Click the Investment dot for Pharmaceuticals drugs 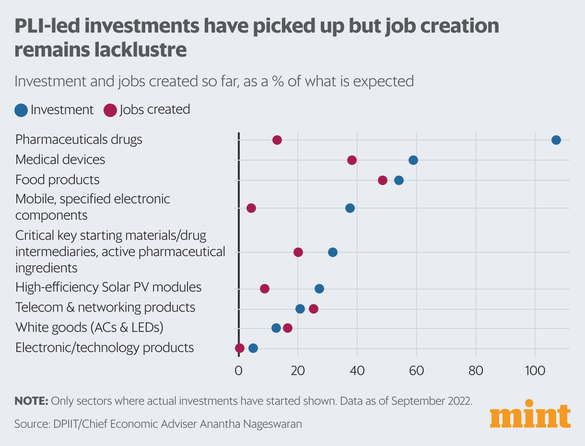pos(556,140)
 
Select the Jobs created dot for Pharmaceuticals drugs pos(277,140)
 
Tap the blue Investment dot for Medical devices pos(413,160)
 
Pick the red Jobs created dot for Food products pos(382,180)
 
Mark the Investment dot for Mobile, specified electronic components pos(350,208)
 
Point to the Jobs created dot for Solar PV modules pos(264,289)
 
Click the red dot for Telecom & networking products pos(314,309)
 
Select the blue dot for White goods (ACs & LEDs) pos(276,328)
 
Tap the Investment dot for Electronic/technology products pos(253,348)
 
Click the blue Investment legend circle pos(21,110)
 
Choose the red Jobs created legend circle pos(110,110)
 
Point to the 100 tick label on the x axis pos(535,370)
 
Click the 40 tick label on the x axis pos(357,370)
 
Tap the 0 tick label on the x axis pos(238,370)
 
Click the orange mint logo pos(530,414)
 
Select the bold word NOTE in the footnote pos(31,401)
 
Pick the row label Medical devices pos(60,159)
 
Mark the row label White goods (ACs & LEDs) pos(89,328)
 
